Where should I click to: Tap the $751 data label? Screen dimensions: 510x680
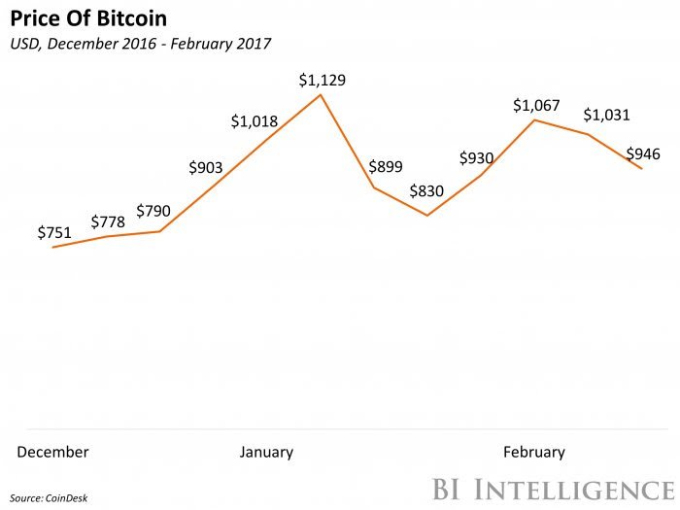[53, 232]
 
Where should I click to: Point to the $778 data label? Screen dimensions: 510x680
[108, 222]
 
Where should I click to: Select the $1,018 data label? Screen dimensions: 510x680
[255, 121]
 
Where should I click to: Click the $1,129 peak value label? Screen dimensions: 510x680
[322, 80]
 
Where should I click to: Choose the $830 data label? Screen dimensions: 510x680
[426, 191]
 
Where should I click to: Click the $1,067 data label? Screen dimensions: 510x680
[536, 105]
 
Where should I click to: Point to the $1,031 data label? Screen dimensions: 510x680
[607, 115]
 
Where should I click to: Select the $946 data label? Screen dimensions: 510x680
[644, 153]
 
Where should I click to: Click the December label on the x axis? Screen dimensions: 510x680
[53, 452]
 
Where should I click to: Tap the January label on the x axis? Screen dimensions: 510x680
[266, 452]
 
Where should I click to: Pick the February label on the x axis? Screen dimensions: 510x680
[533, 452]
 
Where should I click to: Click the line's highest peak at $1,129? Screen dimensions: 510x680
[321, 95]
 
